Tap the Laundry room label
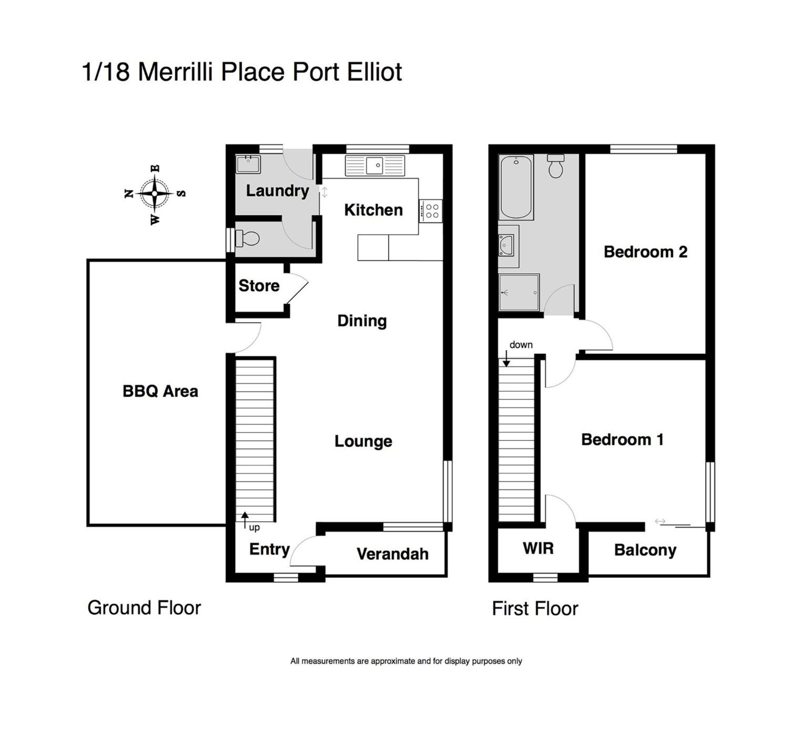point(277,192)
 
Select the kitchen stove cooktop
point(431,211)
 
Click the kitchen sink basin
point(375,165)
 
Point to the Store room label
point(259,286)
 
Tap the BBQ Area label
point(160,392)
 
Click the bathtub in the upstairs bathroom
point(516,187)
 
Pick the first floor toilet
point(555,166)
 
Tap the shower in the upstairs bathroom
point(519,293)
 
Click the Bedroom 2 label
point(646,252)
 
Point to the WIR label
point(538,549)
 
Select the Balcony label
point(645,550)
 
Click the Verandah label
point(393,554)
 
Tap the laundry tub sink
point(249,165)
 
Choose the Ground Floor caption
point(144,608)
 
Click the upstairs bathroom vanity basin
point(507,246)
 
